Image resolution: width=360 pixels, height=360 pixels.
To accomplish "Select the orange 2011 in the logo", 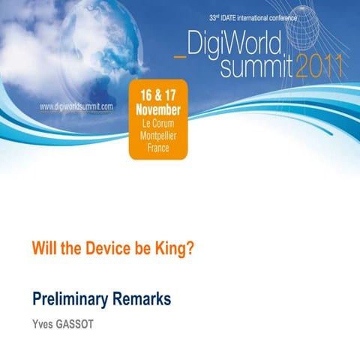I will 319,67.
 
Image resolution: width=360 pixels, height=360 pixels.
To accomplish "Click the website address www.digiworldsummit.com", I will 76,106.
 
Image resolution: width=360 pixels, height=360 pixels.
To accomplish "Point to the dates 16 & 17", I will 160,96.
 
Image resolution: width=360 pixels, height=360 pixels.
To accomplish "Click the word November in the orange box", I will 160,109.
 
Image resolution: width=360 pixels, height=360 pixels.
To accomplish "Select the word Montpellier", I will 160,135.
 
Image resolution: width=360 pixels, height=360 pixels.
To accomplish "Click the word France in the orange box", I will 160,148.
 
